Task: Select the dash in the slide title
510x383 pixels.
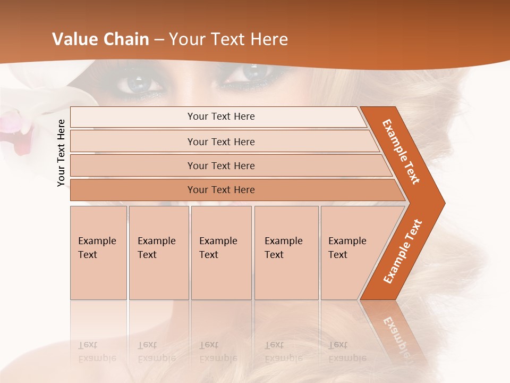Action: click(x=159, y=40)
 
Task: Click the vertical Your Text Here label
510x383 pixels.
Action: click(x=61, y=153)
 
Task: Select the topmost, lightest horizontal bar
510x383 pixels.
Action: click(x=218, y=116)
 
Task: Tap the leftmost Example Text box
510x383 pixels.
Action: click(x=98, y=253)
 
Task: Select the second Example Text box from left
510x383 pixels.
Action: click(x=159, y=253)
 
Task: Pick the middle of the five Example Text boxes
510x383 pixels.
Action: click(x=221, y=253)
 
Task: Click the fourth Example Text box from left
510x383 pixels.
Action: click(x=286, y=253)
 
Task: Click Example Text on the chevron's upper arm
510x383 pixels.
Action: click(x=401, y=152)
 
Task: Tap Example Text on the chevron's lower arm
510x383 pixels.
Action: click(x=403, y=251)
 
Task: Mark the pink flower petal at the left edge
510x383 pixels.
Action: click(x=21, y=136)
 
